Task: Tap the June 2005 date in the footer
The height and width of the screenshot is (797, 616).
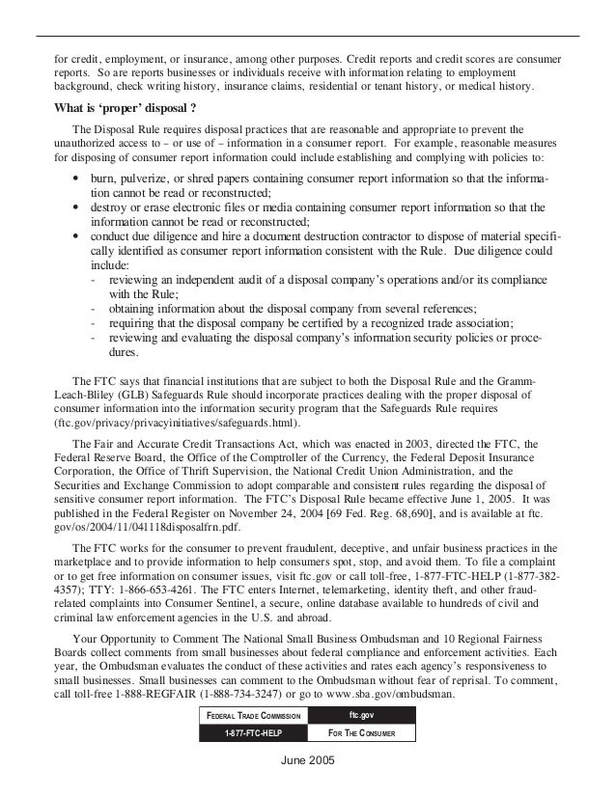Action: (x=307, y=759)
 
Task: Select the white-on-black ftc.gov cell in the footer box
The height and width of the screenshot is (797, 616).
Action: (x=362, y=715)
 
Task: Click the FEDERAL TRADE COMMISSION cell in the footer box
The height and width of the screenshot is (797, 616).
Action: (x=254, y=715)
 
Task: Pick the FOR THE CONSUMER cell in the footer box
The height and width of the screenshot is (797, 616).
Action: (x=362, y=733)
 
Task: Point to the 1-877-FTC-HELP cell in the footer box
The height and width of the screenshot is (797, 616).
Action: (x=254, y=733)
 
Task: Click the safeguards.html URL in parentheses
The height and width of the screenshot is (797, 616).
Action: (x=178, y=424)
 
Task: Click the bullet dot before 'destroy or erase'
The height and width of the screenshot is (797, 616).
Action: (x=76, y=207)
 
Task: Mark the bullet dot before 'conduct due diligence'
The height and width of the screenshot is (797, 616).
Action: (x=76, y=234)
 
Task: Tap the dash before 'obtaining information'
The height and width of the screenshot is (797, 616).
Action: (x=90, y=309)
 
